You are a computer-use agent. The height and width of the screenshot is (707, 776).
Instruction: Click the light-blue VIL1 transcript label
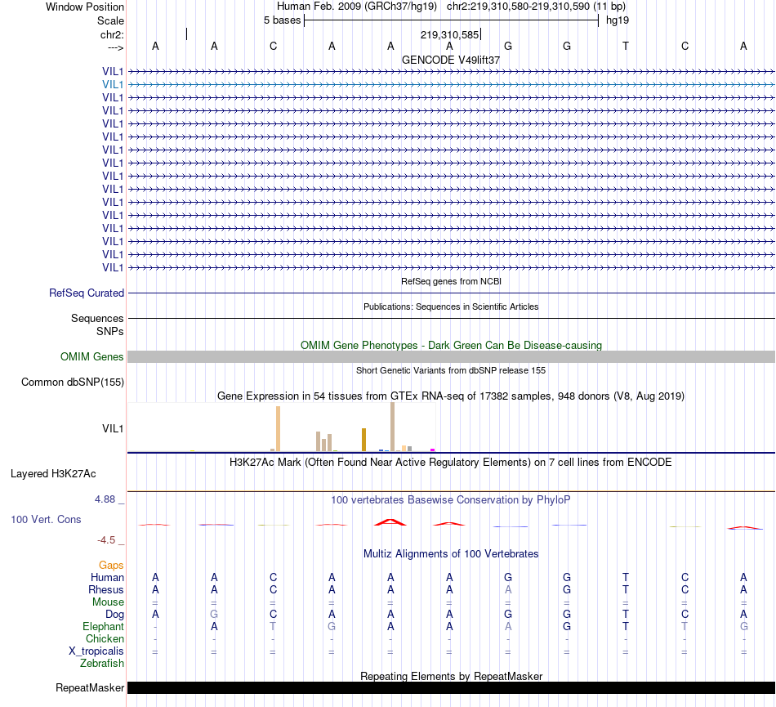point(113,84)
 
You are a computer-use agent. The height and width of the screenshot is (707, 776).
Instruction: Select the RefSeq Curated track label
point(87,293)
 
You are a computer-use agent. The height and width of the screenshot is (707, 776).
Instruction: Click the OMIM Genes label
point(92,356)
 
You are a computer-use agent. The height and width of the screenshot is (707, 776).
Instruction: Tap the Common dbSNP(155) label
point(73,382)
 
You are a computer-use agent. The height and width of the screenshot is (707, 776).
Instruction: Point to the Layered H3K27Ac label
point(53,473)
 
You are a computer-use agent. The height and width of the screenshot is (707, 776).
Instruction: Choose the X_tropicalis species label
point(96,651)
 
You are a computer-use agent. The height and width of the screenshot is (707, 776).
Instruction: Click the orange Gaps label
point(111,565)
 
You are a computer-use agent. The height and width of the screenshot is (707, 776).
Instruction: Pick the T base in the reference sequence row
point(626,46)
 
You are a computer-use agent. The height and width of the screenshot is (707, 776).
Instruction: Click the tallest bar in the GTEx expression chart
point(392,426)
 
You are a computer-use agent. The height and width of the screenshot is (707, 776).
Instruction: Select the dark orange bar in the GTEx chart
point(363,439)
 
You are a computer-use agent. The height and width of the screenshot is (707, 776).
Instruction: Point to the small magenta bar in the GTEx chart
point(432,449)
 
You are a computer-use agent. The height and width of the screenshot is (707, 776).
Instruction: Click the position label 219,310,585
point(449,35)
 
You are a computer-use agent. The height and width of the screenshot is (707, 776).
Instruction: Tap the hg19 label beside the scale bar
point(617,20)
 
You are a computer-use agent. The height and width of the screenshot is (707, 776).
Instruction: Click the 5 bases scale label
point(282,20)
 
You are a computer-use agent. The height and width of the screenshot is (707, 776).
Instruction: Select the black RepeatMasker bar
point(451,687)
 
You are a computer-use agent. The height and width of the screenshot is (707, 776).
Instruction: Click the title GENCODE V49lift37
point(451,60)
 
